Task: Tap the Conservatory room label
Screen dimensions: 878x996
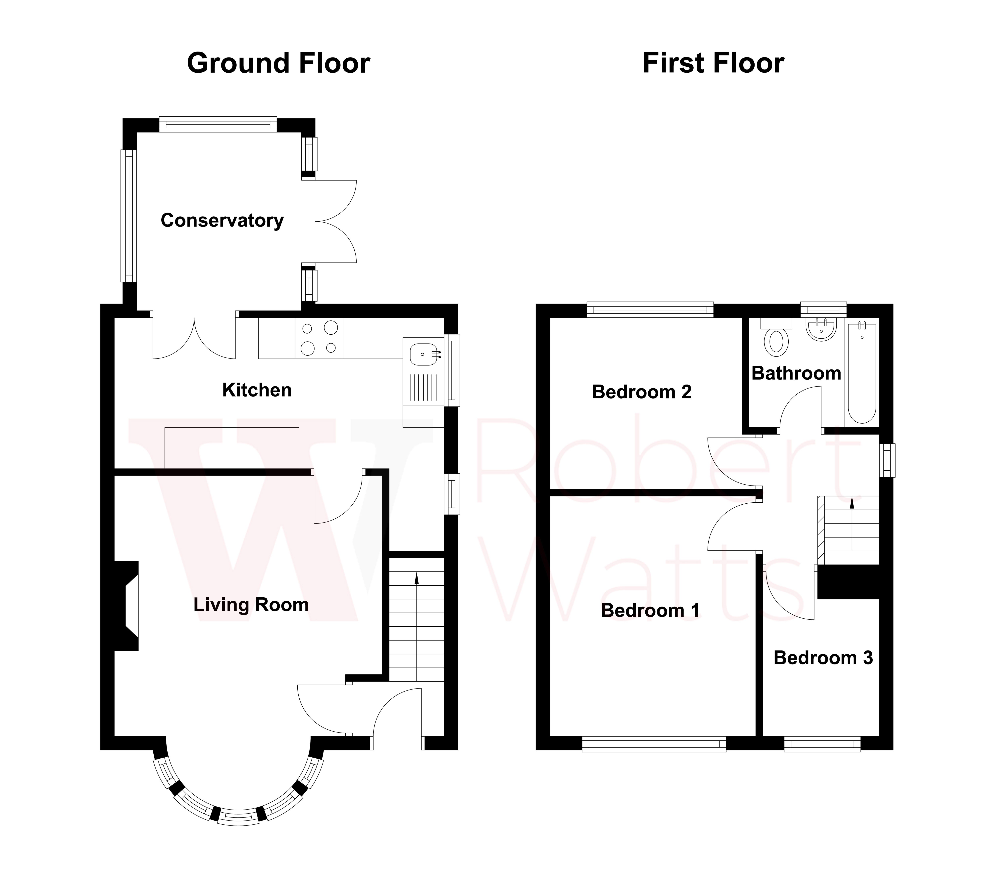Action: click(x=222, y=221)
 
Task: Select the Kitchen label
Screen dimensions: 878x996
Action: click(x=257, y=390)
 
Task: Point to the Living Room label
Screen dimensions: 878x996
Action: click(x=251, y=605)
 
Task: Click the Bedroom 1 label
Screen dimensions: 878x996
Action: click(x=650, y=610)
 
